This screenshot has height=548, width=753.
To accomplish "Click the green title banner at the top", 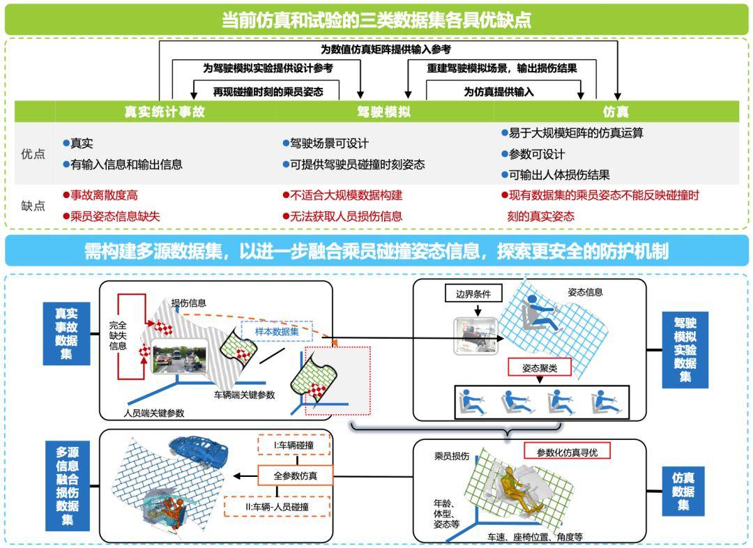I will [x=376, y=19].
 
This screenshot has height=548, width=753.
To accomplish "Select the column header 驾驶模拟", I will [x=384, y=112].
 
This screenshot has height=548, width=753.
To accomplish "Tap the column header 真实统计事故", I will [x=165, y=112].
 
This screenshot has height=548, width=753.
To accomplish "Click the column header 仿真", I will [x=616, y=112].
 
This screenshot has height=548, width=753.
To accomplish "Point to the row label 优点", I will [x=33, y=154].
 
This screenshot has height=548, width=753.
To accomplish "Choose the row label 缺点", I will [x=33, y=206].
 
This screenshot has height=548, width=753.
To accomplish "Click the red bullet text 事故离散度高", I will [x=104, y=195].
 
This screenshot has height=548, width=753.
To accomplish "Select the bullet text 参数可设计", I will [x=537, y=154].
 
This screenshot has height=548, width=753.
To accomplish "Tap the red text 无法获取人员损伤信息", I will [x=346, y=216].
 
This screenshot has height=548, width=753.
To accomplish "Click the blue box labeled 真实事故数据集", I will [x=67, y=333].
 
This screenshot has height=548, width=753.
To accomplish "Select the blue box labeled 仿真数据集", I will [x=683, y=491].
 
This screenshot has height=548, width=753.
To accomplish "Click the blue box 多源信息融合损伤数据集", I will [x=68, y=484].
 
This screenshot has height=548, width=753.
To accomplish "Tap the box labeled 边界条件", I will [x=473, y=294].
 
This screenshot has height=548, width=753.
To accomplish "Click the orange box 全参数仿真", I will [x=296, y=475].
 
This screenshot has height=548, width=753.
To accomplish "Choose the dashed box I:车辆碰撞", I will [x=295, y=446].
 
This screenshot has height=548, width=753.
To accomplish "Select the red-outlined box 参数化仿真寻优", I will [x=567, y=451].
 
